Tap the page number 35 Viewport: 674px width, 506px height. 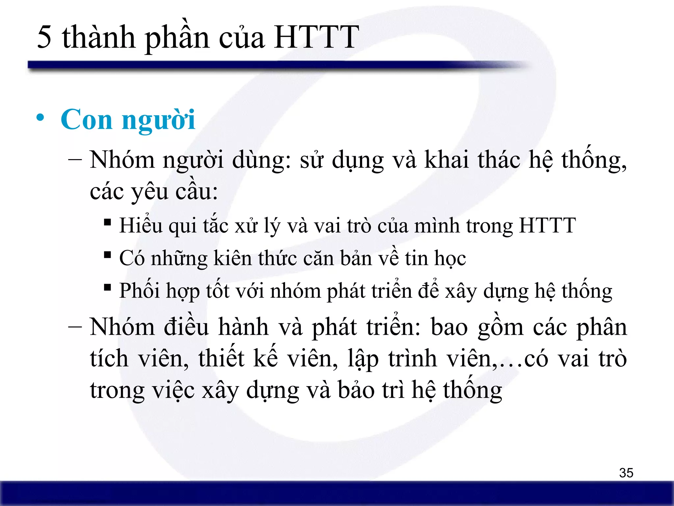click(x=626, y=473)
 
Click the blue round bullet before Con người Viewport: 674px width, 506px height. click(x=40, y=118)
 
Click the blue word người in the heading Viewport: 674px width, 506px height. click(x=159, y=121)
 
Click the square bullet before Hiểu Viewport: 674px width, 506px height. click(x=107, y=222)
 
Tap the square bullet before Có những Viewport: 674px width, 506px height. click(x=107, y=255)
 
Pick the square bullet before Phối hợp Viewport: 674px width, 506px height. click(x=107, y=287)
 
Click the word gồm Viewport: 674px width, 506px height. click(x=500, y=328)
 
